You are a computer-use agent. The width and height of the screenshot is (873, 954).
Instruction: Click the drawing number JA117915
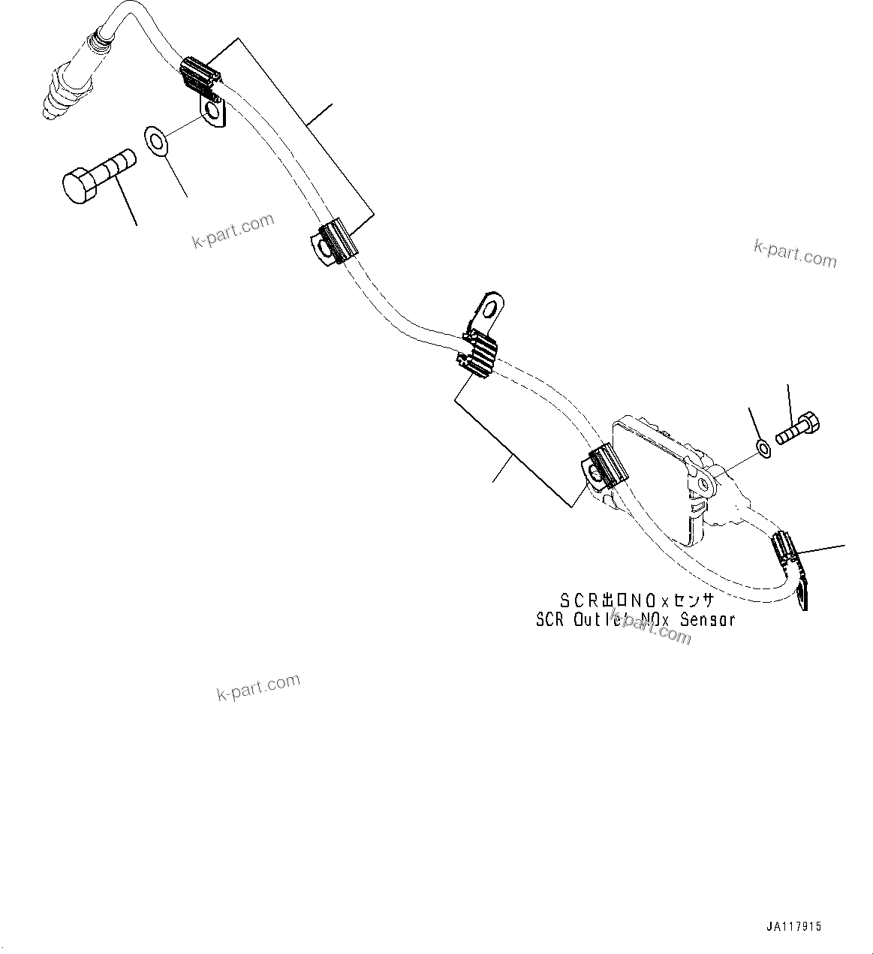[793, 926]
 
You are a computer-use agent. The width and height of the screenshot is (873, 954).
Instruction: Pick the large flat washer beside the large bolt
[156, 140]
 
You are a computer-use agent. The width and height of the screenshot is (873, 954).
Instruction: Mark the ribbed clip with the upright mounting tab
[477, 352]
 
